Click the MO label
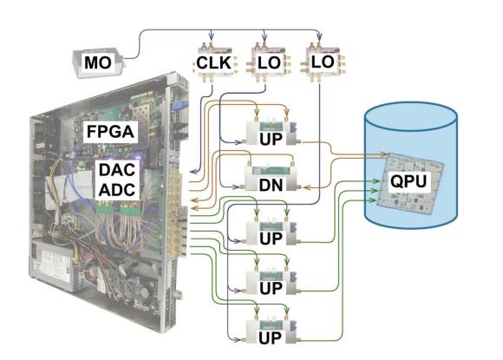[98, 62]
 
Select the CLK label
[213, 62]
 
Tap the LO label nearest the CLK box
[269, 62]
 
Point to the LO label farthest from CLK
[323, 62]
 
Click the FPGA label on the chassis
[110, 132]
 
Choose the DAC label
[117, 170]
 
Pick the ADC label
[117, 190]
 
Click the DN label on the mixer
[271, 185]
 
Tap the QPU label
[408, 181]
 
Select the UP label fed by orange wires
[271, 139]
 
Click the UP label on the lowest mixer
[270, 337]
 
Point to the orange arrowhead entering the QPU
[384, 154]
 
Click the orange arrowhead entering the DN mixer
[307, 187]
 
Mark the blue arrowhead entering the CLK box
[211, 35]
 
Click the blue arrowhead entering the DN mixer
[237, 187]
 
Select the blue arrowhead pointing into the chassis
[194, 172]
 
